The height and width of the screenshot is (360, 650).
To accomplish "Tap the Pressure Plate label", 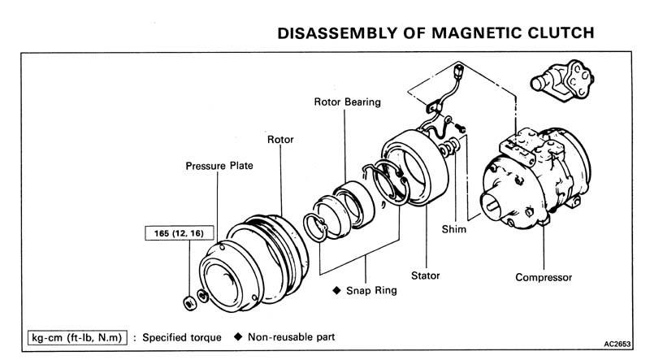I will [219, 166].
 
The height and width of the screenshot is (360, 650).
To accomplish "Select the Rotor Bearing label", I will [347, 102].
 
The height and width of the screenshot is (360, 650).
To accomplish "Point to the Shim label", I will [454, 229].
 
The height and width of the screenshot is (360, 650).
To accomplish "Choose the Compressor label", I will [544, 277].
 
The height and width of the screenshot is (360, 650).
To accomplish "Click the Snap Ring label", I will [370, 290].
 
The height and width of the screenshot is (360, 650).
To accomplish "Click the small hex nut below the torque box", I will [188, 303].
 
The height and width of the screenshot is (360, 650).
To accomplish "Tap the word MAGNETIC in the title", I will [462, 33].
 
